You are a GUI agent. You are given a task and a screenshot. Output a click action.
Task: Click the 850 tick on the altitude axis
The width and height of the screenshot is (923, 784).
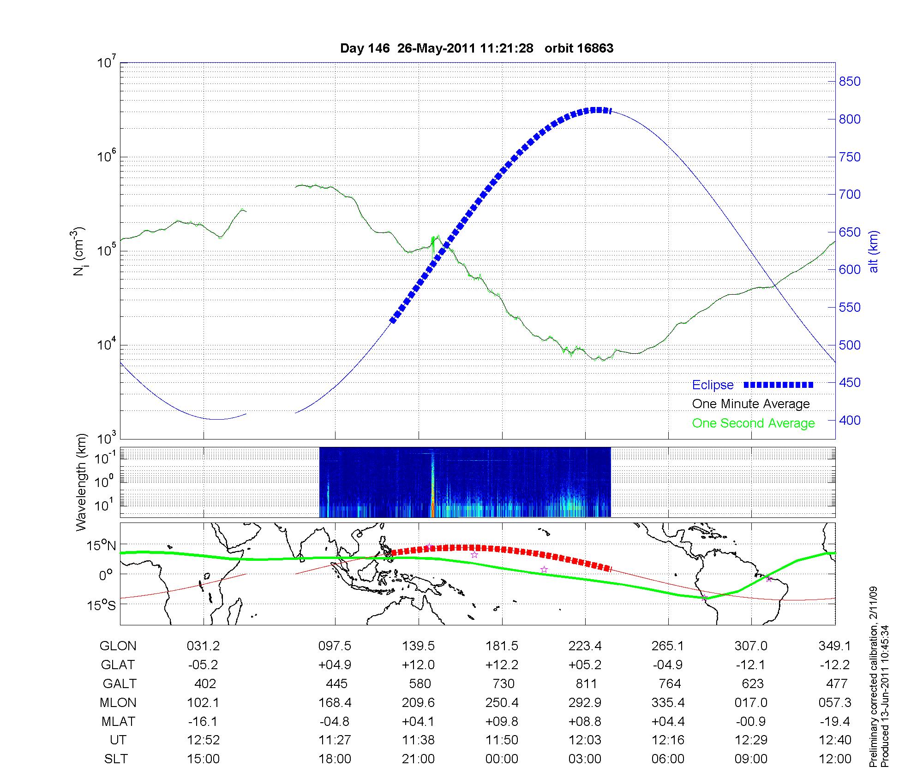[849, 82]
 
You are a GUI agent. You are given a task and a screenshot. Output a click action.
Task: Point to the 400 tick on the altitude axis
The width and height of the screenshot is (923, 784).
[849, 420]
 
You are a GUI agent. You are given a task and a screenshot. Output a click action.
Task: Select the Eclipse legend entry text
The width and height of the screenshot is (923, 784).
[713, 385]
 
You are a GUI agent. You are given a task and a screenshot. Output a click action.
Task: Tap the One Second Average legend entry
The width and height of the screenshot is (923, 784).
[753, 423]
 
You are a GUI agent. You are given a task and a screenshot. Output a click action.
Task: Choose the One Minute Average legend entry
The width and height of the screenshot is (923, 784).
[751, 404]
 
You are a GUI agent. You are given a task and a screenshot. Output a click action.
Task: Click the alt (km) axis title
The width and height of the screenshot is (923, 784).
[874, 251]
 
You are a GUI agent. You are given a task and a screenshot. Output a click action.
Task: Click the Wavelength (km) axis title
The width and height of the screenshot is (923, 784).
[82, 482]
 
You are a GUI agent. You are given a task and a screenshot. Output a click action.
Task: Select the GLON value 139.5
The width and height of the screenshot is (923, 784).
[418, 646]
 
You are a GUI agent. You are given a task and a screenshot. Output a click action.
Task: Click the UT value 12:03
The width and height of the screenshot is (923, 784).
[585, 740]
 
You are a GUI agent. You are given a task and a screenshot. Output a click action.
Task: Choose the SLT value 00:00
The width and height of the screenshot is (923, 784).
[502, 759]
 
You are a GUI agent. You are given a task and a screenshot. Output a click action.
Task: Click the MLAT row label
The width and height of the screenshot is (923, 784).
[118, 721]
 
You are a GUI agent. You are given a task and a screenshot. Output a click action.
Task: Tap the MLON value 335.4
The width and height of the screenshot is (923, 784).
[668, 703]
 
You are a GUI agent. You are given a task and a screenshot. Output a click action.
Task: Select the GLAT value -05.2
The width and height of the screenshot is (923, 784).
[203, 665]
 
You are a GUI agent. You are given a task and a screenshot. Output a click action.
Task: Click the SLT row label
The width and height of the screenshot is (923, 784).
[116, 759]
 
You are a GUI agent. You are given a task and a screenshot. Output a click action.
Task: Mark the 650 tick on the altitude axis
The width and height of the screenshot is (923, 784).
[849, 232]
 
